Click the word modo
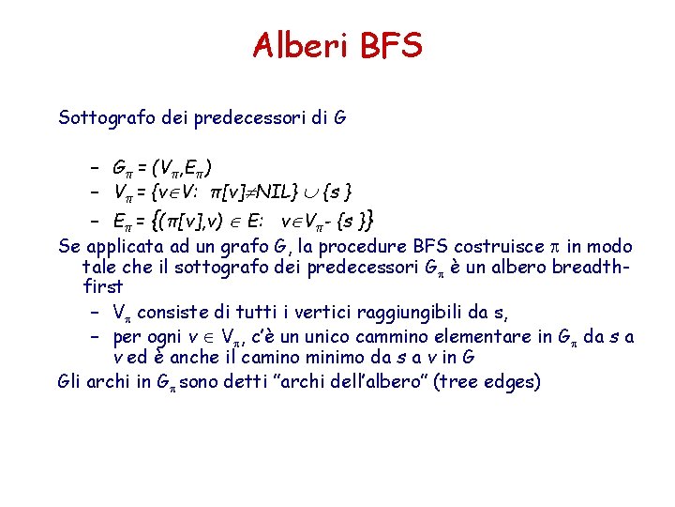click(x=609, y=247)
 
